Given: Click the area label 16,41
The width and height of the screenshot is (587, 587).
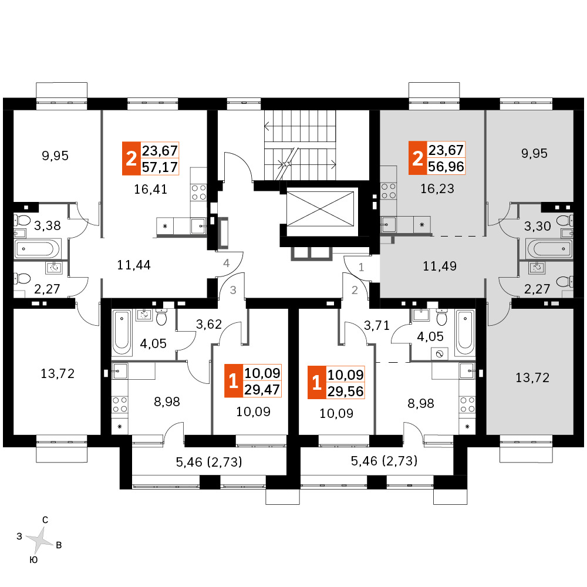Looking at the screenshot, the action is [x=150, y=189].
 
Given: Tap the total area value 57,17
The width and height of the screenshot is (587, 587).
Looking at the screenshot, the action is [x=160, y=167].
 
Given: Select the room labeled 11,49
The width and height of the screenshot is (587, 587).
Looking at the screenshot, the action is [x=440, y=266].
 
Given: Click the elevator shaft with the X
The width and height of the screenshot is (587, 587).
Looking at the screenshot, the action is [x=320, y=209].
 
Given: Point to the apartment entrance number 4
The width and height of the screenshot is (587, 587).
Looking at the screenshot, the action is [x=226, y=263].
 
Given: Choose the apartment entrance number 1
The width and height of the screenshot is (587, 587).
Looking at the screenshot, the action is [x=361, y=267].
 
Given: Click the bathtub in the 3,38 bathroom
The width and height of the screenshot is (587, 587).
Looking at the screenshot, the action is [x=36, y=249].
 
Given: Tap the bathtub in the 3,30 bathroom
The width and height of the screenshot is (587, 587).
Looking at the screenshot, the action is [x=549, y=248].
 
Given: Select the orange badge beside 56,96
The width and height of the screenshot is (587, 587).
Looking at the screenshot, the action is [x=417, y=158].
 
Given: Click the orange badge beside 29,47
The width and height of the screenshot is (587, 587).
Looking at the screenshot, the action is [x=233, y=381].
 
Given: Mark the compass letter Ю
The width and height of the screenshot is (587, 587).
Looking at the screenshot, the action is [x=33, y=560].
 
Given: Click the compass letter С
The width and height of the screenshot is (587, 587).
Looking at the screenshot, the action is [x=45, y=519].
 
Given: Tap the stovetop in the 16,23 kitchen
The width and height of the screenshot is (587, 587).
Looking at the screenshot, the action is [x=388, y=191].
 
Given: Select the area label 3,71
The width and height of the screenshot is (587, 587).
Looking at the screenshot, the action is [x=377, y=325].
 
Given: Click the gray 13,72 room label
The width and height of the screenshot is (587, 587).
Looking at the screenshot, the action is [x=532, y=377].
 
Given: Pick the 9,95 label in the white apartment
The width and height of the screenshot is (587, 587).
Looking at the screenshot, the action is [x=55, y=156].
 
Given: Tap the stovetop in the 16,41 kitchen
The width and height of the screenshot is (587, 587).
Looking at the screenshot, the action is [x=198, y=193].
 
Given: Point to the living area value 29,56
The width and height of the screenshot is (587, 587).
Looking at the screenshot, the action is [x=345, y=391].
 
